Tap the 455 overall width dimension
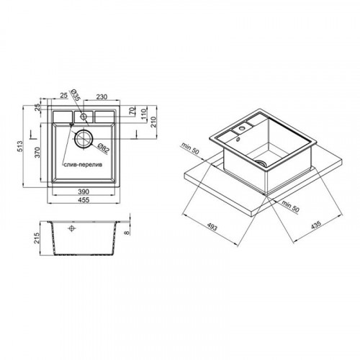tap(84, 199)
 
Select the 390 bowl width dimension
tap(84, 192)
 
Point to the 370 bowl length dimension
tap(37, 152)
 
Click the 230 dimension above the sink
tap(102, 96)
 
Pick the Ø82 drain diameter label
tap(104, 148)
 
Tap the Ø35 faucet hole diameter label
tap(75, 95)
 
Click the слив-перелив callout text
tap(83, 165)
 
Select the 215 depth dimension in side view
tap(37, 238)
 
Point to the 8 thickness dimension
tap(127, 233)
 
